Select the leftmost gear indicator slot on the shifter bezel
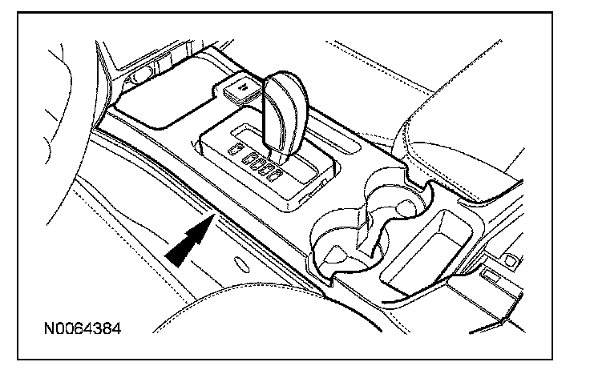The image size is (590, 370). pos(234,150)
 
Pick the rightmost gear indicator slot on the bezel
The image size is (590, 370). pos(276,170)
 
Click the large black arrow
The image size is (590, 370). pos(189,241)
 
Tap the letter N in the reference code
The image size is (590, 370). pos(50,329)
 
